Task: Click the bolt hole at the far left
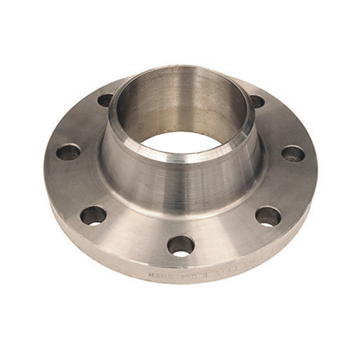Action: pos(68,152)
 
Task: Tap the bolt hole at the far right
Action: pos(293,154)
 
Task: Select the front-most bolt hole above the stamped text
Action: pos(180,246)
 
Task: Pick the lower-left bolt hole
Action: pos(93,216)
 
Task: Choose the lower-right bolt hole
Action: pos(268,216)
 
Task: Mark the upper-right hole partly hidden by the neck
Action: pos(257,101)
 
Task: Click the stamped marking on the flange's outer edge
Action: pos(189,273)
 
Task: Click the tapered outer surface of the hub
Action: pos(180,189)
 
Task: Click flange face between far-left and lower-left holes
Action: pos(74,184)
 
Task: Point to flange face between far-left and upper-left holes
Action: pos(81,124)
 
